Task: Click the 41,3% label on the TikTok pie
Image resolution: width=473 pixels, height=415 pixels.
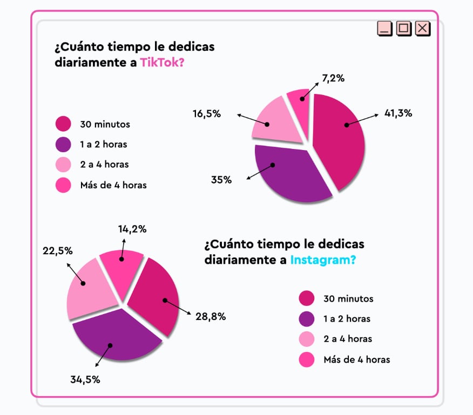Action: (x=398, y=113)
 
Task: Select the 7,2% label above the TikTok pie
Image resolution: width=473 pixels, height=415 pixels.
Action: (x=333, y=78)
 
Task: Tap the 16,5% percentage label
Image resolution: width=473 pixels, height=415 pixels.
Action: (x=207, y=113)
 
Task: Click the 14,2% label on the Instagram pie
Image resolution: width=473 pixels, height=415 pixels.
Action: (x=132, y=228)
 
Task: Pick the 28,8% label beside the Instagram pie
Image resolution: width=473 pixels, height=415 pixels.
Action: (x=211, y=316)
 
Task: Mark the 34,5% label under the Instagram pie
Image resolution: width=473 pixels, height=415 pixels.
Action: (x=85, y=379)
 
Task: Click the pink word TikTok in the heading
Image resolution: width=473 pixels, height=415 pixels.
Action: (x=162, y=62)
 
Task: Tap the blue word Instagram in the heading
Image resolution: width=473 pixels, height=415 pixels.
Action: (x=323, y=260)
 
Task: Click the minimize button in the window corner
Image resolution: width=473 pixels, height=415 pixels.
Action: (x=384, y=29)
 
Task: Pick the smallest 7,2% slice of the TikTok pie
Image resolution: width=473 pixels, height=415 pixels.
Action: (x=299, y=101)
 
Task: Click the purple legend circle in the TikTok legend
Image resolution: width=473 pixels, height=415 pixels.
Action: (x=63, y=144)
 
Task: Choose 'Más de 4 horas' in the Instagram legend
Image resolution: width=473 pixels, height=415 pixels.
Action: (x=356, y=359)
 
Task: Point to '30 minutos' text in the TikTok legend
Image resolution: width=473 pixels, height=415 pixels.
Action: (x=105, y=124)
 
